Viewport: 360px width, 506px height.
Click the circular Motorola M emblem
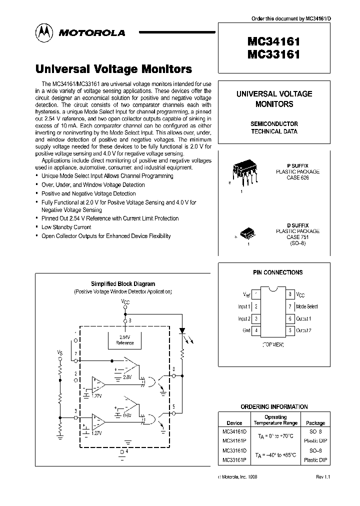44,32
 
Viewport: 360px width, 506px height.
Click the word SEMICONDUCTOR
274,123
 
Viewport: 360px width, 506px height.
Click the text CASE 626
298,177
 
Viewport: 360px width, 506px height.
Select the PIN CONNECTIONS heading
278,272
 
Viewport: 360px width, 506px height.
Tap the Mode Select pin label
306,306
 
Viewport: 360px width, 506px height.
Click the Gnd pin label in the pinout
246,330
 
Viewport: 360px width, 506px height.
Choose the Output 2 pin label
303,330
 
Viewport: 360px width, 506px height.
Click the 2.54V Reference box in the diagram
124,340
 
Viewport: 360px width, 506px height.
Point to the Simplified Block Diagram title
122,283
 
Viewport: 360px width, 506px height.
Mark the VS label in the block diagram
60,353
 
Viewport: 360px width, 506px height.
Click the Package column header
315,422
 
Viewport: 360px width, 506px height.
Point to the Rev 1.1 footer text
322,477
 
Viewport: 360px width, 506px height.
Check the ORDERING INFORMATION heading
274,406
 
